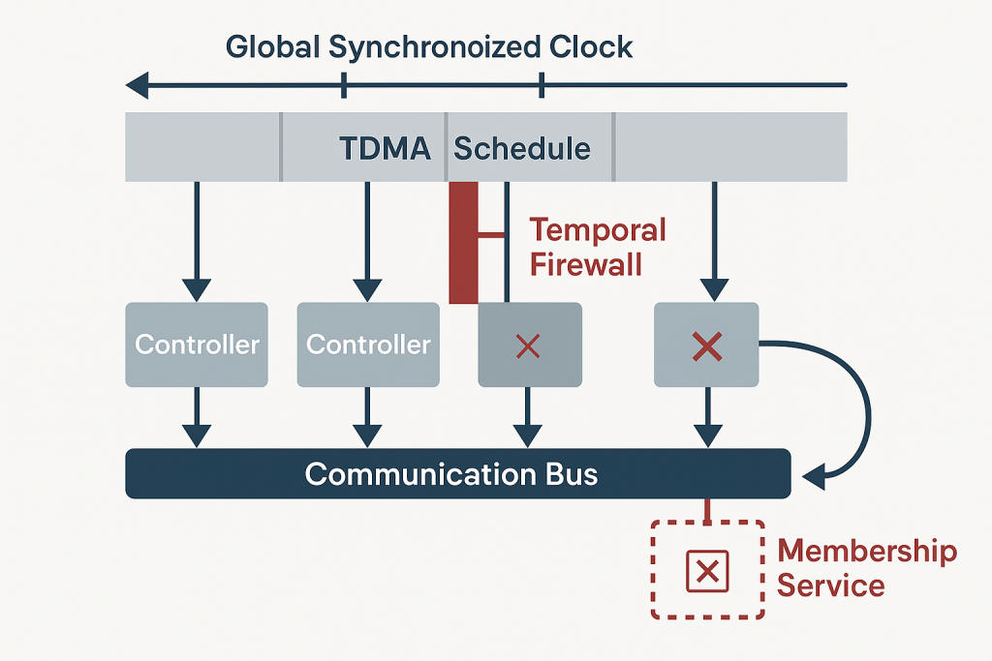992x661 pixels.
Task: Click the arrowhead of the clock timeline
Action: coord(138,85)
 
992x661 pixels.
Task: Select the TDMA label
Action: coord(385,148)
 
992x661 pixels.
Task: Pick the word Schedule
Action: coord(522,148)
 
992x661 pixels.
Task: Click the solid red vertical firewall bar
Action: coord(464,242)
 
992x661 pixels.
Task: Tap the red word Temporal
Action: coord(598,230)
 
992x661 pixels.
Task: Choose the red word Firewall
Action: coord(586,264)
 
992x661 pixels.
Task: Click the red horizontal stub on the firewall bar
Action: coord(492,233)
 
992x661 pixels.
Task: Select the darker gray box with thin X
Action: coord(529,346)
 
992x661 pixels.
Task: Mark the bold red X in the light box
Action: coord(708,346)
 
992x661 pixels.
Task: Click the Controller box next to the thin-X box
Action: coord(368,345)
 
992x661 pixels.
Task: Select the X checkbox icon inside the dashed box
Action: coord(707,571)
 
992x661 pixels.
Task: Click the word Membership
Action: coord(867,552)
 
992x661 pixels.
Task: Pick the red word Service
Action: coord(831,586)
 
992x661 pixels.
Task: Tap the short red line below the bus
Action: coord(708,510)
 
